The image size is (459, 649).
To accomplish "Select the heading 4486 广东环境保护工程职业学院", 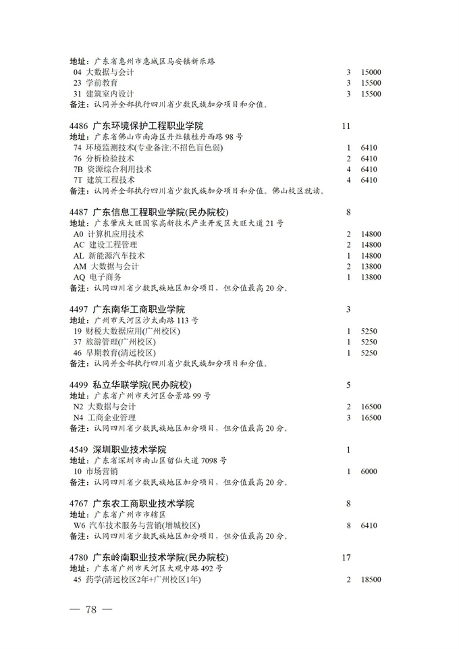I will pyautogui.click(x=136, y=126).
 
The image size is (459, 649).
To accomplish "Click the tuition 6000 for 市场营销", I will pyautogui.click(x=369, y=471).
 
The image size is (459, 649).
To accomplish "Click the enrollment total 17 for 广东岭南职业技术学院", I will pyautogui.click(x=347, y=558).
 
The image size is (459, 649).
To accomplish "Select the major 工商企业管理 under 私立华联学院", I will pyautogui.click(x=112, y=418).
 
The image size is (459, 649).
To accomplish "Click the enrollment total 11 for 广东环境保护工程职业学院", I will pyautogui.click(x=347, y=126).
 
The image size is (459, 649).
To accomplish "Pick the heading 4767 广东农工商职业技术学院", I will pyautogui.click(x=132, y=504).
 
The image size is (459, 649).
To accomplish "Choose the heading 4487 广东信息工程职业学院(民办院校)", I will pyautogui.click(x=149, y=213).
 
